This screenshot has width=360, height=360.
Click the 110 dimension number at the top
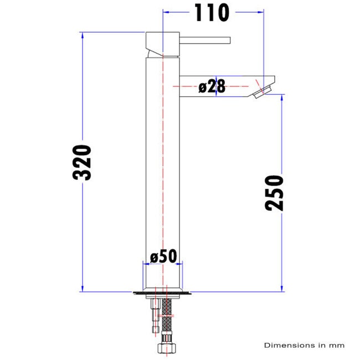point(211,13)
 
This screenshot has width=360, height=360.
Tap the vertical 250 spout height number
point(274,192)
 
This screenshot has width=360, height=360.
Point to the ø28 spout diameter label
point(212,86)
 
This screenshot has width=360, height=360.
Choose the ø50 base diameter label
point(163,256)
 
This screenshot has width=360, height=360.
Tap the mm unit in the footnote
point(337,345)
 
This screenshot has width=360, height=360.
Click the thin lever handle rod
point(205,39)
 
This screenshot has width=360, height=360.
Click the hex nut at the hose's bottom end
point(166,349)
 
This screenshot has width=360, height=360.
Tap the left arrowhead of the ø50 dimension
point(146,264)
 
